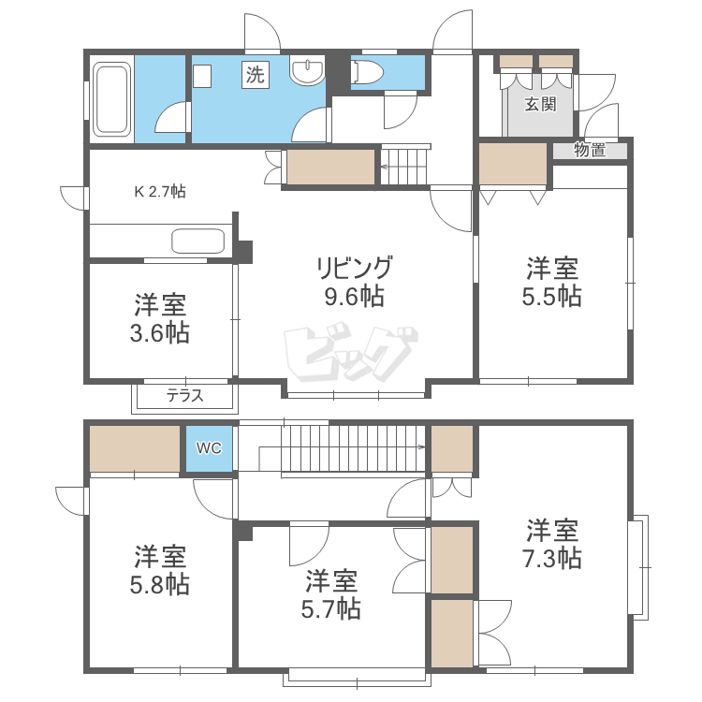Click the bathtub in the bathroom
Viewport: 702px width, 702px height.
point(111,98)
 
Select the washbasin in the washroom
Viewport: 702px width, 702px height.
point(307,72)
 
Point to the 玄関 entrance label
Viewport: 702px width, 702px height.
point(539,104)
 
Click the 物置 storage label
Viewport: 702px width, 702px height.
point(589,150)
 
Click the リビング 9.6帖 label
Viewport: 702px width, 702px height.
point(352,282)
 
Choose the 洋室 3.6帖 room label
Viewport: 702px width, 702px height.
point(161,318)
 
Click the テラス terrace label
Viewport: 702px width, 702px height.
point(184,396)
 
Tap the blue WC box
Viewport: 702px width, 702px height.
point(208,448)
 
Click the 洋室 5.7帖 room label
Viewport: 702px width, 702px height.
point(332,594)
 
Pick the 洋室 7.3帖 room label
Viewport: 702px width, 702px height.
point(552,545)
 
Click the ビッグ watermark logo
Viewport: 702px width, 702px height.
point(351,351)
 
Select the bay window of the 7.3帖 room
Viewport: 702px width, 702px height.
point(640,566)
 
